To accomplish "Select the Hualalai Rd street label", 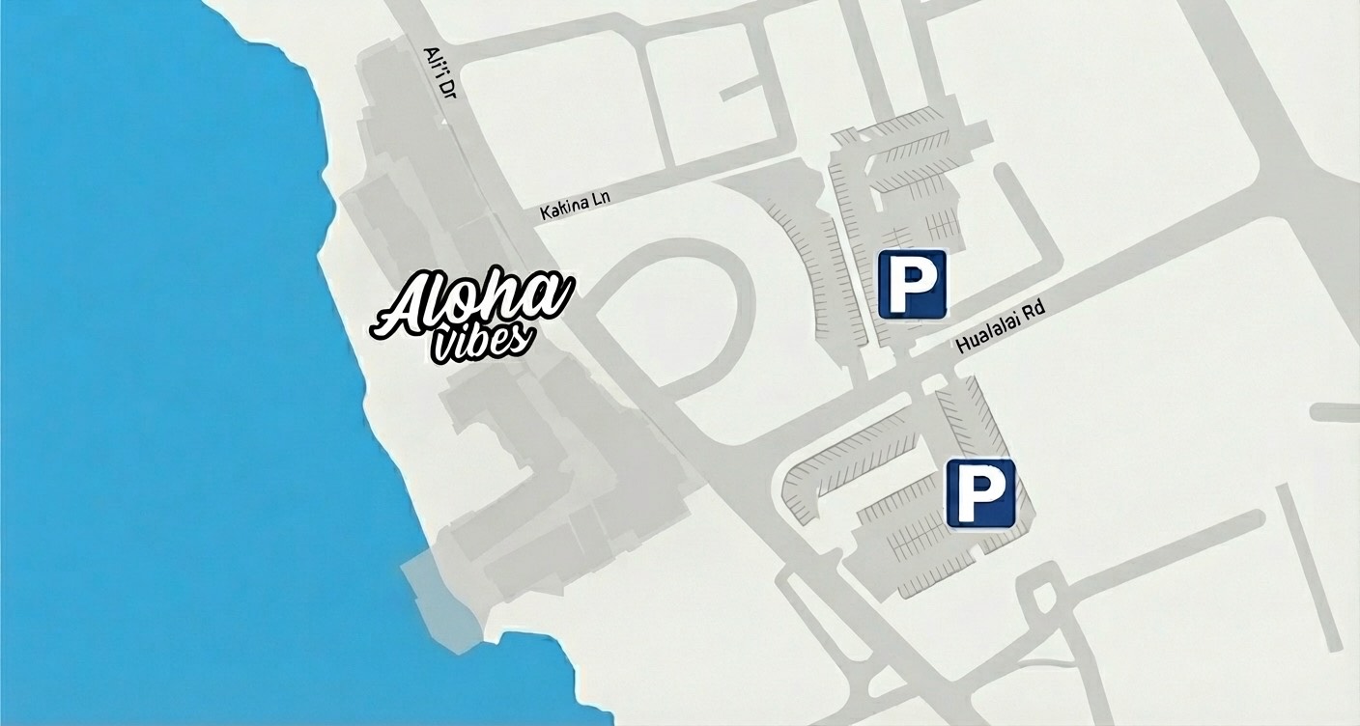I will pos(1000,331).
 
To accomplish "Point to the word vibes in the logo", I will pos(479,343).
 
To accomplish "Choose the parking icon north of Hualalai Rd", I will pos(912,284).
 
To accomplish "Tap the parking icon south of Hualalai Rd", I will pos(980,493).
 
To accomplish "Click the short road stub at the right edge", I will pos(1336,412).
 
